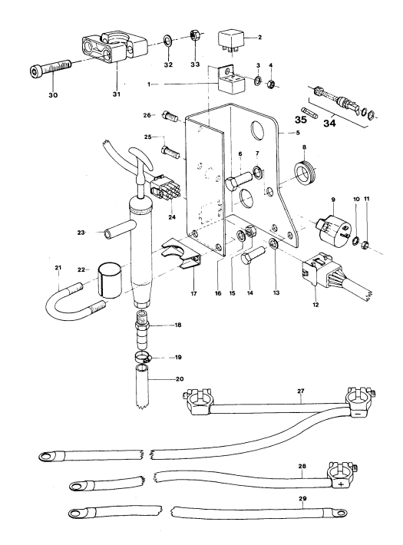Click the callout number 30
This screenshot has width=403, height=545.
point(53,95)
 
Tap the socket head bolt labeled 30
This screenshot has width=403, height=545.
point(49,67)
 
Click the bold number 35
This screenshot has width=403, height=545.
point(301,120)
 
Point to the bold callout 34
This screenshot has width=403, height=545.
point(329,123)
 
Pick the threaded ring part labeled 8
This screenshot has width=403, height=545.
point(305,172)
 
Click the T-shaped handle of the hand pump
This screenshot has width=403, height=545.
point(140,159)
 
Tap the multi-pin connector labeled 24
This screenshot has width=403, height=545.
point(163,191)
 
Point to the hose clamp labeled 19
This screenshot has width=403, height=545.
point(143,356)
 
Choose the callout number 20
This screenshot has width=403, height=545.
point(180,379)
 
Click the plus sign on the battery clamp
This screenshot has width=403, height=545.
point(340,484)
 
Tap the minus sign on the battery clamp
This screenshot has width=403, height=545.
point(356,415)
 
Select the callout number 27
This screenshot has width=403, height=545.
point(301,391)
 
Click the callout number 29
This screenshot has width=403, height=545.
point(302,498)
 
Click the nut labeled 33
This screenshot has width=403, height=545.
point(194,35)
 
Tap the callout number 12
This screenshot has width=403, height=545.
point(315,305)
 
